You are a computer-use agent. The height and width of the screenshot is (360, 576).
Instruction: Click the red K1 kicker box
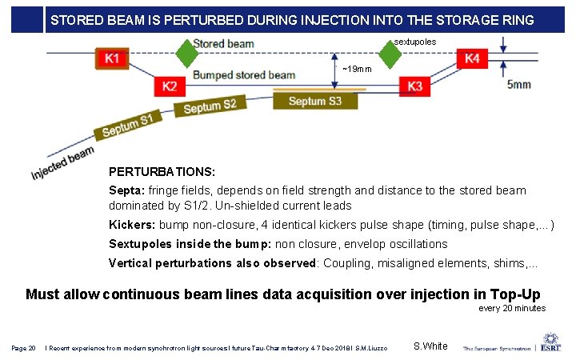[113, 58]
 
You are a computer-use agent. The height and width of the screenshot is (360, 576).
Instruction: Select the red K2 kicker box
[170, 86]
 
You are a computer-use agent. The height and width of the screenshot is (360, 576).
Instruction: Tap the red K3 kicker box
[415, 86]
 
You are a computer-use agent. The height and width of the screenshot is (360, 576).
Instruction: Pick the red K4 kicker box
[472, 58]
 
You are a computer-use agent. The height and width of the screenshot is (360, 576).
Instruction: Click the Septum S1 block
[127, 126]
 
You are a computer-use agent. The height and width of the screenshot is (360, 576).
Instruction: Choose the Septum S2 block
[210, 106]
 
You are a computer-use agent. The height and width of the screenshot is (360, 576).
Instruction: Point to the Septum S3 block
[314, 101]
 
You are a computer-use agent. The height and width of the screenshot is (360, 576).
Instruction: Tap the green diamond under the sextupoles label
[389, 54]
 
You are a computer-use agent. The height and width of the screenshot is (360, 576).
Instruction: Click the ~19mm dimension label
[356, 69]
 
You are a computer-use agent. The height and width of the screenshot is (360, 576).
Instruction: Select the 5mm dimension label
[518, 84]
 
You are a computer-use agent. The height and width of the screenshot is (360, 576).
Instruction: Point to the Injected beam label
[62, 162]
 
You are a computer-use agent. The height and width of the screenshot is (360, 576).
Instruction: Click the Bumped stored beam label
[243, 75]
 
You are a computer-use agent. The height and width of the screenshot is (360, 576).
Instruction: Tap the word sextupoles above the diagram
[415, 41]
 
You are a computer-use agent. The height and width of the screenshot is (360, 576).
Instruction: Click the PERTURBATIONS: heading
[162, 172]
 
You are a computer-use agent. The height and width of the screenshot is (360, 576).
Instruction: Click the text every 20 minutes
[512, 308]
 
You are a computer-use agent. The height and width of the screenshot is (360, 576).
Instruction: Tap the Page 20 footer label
[23, 347]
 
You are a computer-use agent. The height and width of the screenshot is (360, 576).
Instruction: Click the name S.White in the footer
[430, 346]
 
